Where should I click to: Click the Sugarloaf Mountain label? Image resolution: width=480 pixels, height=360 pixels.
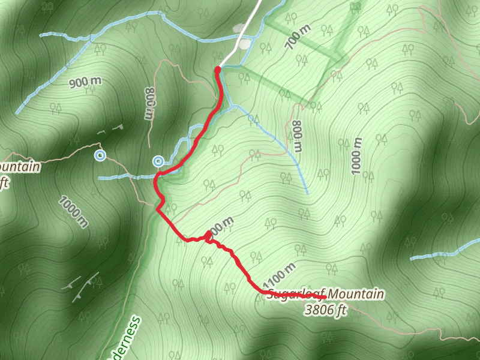[x=325, y=294]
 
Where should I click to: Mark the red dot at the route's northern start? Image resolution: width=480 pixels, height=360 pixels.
[x=217, y=70]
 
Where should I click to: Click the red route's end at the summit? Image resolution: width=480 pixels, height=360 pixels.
[x=323, y=297]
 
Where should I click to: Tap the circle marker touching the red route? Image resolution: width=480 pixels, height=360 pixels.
[x=158, y=161]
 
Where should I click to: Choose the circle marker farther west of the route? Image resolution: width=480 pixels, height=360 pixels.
[x=100, y=156]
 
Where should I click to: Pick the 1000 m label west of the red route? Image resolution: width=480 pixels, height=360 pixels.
[x=74, y=212]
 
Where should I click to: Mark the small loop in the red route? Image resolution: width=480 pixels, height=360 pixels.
[x=208, y=238]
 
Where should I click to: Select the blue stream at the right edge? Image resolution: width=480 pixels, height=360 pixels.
[x=444, y=252]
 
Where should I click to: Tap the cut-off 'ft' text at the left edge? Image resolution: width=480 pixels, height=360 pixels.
[x=5, y=182]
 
